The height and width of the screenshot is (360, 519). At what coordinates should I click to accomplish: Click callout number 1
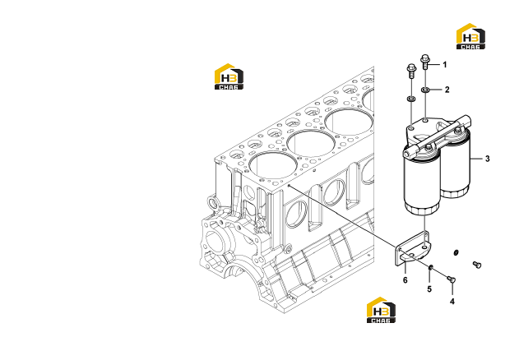444,65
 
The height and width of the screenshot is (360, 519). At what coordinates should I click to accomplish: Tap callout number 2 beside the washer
447,90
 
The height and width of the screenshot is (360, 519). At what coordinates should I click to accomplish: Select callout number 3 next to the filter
487,159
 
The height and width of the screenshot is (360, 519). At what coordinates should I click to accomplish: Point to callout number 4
452,302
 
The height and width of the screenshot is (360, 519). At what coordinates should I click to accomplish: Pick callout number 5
429,289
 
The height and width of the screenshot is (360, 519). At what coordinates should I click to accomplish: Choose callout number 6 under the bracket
405,280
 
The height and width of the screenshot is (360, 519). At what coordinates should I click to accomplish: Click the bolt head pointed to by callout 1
425,58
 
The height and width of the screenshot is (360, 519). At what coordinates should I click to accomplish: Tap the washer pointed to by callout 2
425,90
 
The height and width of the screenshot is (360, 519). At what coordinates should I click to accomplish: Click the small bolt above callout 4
451,279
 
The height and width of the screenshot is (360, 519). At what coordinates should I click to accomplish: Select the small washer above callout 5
430,267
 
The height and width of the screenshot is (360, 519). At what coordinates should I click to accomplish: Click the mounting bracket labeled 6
412,249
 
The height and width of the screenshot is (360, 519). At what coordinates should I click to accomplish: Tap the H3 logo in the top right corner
470,36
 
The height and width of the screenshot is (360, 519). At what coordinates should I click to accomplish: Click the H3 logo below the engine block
381,310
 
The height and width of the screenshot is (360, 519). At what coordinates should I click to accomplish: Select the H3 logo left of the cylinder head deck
229,76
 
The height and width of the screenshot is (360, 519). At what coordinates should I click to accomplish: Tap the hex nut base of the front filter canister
422,210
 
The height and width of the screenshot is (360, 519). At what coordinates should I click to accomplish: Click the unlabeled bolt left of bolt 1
410,70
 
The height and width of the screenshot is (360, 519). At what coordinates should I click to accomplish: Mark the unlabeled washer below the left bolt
411,99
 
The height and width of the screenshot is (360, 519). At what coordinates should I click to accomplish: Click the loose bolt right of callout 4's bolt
476,265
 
